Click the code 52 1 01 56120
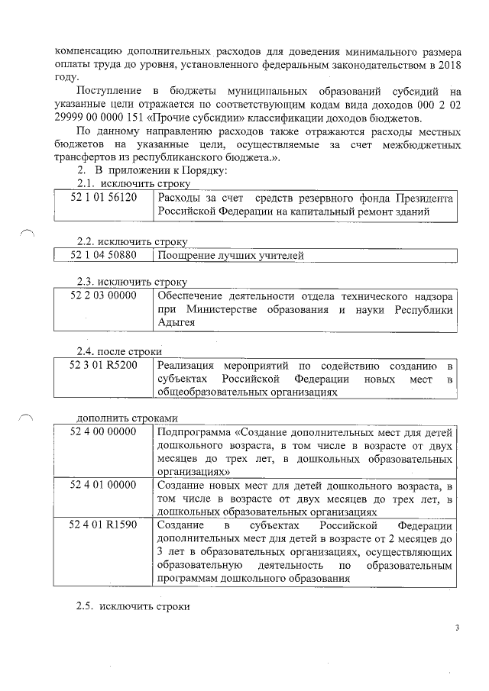tap(103, 197)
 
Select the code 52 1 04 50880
tap(103, 256)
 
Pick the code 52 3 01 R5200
tap(103, 364)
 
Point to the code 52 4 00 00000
tap(103, 432)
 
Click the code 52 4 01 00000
tap(103, 485)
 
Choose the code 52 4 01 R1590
tap(103, 526)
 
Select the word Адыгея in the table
tap(175, 322)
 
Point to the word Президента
tap(422, 198)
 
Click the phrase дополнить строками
tap(127, 418)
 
